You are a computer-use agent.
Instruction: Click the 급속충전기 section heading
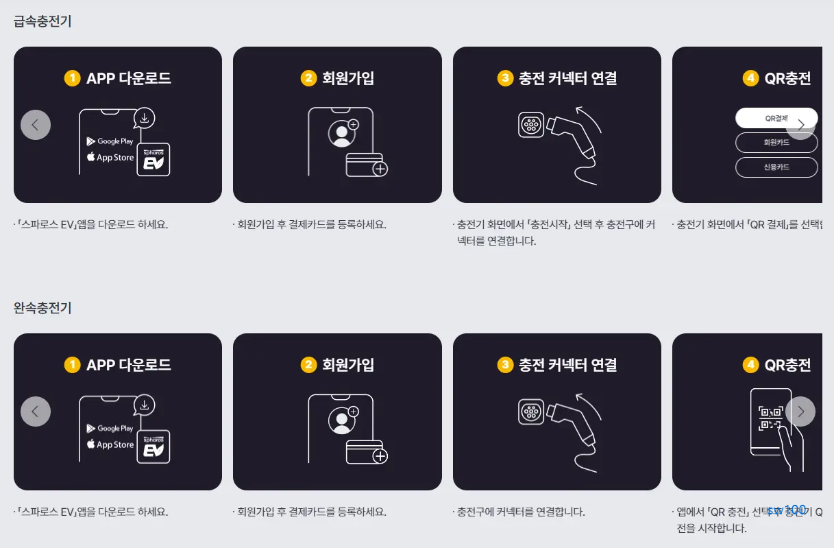42,21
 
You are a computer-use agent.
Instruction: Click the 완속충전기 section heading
42,308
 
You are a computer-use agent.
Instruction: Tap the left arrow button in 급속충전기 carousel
36,125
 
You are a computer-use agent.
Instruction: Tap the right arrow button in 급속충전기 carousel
800,125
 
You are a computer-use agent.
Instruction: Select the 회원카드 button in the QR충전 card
776,143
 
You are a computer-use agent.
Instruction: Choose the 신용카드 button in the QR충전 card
776,167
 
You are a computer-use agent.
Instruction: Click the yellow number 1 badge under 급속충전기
72,78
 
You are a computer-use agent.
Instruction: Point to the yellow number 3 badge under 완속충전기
505,365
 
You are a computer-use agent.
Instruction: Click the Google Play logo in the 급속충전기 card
110,141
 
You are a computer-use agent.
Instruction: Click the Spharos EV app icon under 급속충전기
153,160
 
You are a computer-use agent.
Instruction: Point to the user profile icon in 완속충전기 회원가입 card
341,419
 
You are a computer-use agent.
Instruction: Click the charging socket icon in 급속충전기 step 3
531,125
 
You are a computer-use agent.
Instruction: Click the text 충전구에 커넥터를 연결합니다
521,512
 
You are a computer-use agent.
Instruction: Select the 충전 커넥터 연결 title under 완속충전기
567,365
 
